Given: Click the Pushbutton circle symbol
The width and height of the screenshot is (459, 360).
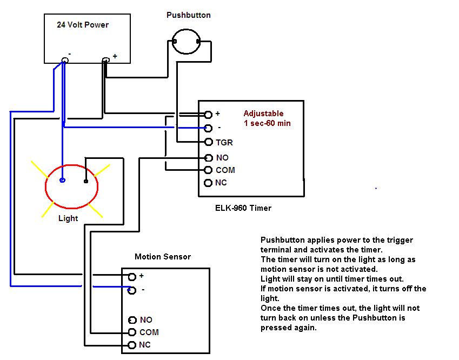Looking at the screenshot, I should tap(186, 42).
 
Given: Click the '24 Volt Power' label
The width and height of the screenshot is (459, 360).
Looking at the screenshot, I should tap(83, 25).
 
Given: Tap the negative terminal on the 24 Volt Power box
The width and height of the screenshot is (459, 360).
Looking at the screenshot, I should tap(65, 60).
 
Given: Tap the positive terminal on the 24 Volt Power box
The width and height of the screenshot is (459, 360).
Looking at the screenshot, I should tap(107, 59).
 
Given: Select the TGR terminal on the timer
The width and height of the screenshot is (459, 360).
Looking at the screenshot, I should tap(209, 142).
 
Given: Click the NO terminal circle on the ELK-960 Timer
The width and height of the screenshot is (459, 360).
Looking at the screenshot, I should tap(209, 158).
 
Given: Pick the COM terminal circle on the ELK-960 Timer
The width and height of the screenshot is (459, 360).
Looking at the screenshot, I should tap(209, 170).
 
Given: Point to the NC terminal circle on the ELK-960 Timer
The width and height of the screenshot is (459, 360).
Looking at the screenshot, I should tap(208, 183).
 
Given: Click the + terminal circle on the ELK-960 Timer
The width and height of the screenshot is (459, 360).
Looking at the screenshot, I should tap(208, 115).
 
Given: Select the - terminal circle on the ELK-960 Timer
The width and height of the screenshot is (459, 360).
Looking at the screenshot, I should tap(208, 128).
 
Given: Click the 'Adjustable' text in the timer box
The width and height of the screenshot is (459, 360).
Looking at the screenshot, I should tap(263, 114).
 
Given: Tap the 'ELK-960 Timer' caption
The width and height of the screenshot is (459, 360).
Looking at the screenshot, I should tap(243, 208).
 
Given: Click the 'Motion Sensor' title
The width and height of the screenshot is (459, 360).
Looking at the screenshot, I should tap(163, 256).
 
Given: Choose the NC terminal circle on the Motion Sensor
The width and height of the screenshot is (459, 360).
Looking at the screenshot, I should tap(131, 345).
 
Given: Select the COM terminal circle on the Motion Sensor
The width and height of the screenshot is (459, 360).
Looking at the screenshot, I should tap(131, 332).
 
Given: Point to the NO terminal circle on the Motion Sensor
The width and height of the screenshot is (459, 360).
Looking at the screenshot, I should tap(132, 320).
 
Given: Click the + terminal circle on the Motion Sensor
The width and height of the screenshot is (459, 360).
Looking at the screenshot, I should tap(132, 277).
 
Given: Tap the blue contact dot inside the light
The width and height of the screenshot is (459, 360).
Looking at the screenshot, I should tap(63, 181).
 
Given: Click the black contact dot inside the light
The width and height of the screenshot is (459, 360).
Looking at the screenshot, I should tap(85, 182).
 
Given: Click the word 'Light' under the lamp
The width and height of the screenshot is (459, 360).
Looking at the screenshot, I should tap(68, 218).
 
